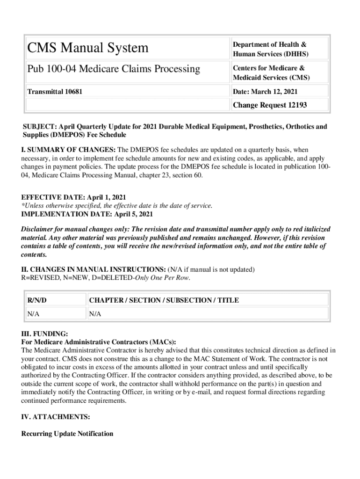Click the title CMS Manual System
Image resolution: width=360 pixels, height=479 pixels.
(x=87, y=48)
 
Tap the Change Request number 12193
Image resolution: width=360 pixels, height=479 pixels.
(x=293, y=105)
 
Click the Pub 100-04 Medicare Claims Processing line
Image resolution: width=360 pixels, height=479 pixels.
(x=114, y=69)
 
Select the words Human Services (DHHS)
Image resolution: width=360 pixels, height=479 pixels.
(x=270, y=54)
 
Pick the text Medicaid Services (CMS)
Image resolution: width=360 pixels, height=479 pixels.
(x=271, y=78)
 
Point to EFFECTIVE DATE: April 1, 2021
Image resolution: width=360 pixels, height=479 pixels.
(x=73, y=197)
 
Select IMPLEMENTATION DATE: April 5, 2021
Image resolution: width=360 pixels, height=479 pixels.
(x=87, y=214)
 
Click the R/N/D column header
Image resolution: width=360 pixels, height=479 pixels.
(x=37, y=300)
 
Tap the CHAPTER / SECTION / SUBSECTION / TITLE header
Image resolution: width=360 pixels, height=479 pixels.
(x=164, y=300)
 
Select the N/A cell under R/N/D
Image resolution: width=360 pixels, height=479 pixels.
(x=33, y=314)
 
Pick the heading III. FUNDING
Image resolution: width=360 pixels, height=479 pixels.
(x=45, y=334)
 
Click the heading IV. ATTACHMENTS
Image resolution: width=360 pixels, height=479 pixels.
(x=56, y=416)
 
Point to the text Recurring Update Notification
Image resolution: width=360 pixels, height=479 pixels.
(x=67, y=434)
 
